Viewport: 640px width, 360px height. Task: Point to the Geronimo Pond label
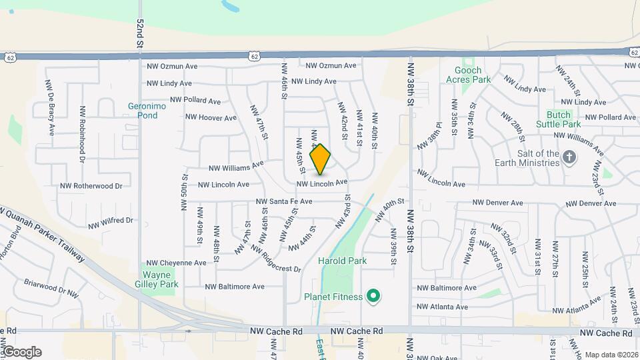tap(143, 110)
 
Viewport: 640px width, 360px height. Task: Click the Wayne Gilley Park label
tap(160, 279)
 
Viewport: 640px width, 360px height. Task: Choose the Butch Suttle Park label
tap(563, 119)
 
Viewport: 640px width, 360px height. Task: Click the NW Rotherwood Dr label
tap(91, 186)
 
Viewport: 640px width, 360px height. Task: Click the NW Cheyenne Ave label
tap(177, 263)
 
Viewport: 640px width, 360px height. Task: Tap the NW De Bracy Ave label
tap(49, 108)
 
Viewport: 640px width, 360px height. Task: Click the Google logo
tap(22, 352)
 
